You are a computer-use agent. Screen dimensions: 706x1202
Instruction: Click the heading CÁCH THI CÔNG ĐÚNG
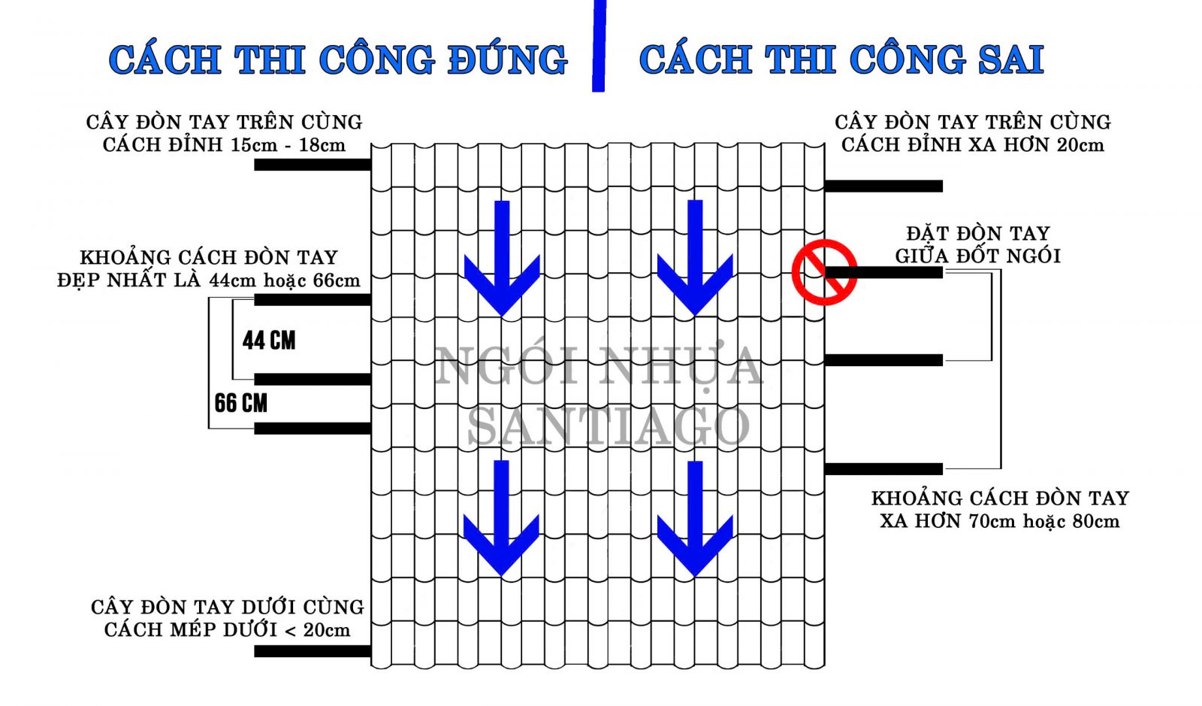338,60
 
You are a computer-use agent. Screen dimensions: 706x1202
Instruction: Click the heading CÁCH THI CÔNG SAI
841,60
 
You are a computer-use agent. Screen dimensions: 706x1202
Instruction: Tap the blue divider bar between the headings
599,45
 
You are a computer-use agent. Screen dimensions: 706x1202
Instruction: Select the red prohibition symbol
824,272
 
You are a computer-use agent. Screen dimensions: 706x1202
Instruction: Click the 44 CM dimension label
269,341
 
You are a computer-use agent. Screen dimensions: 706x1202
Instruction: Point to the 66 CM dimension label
240,403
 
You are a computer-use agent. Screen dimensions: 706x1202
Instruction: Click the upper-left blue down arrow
502,256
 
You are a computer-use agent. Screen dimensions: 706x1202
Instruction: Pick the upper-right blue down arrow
695,256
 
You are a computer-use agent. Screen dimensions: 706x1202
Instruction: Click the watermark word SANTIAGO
609,426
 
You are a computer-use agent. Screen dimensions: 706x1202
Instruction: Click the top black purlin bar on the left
313,165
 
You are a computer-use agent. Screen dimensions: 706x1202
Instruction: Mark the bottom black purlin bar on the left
313,651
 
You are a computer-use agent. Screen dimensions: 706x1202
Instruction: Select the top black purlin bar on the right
883,186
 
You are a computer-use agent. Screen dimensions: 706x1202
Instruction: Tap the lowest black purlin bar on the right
883,469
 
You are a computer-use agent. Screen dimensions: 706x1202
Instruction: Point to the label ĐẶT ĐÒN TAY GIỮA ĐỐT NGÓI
977,245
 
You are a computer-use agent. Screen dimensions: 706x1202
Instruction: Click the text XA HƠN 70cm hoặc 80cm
999,521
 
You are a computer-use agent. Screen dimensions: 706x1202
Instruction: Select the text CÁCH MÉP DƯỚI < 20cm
227,630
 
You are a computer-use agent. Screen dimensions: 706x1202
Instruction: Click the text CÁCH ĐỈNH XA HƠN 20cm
973,145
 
